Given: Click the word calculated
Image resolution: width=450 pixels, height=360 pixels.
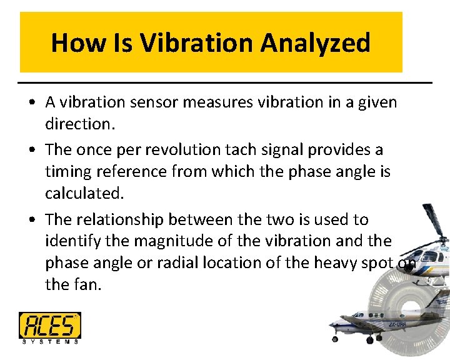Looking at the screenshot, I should click(84, 194).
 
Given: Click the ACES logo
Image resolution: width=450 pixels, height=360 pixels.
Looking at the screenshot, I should click(49, 325).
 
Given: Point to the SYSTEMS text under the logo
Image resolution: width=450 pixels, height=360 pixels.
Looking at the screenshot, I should click(49, 341).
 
